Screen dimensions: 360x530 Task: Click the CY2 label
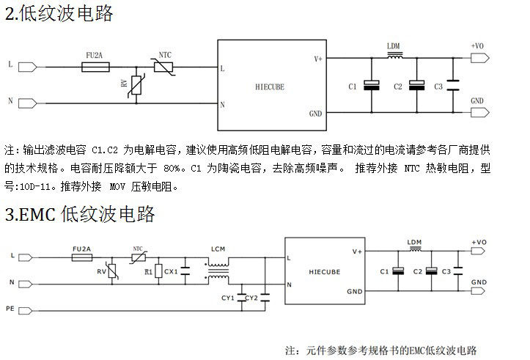pyautogui.click(x=251, y=298)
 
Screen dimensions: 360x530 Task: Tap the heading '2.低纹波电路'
pyautogui.click(x=59, y=14)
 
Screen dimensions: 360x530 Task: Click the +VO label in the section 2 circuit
pyautogui.click(x=476, y=46)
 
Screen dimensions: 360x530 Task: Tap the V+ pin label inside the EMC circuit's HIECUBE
pyautogui.click(x=357, y=251)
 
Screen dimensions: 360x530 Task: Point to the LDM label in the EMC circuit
pyautogui.click(x=414, y=242)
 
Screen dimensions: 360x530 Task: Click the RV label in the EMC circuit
pyautogui.click(x=101, y=272)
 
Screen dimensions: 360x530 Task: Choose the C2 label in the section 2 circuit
pyautogui.click(x=398, y=87)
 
